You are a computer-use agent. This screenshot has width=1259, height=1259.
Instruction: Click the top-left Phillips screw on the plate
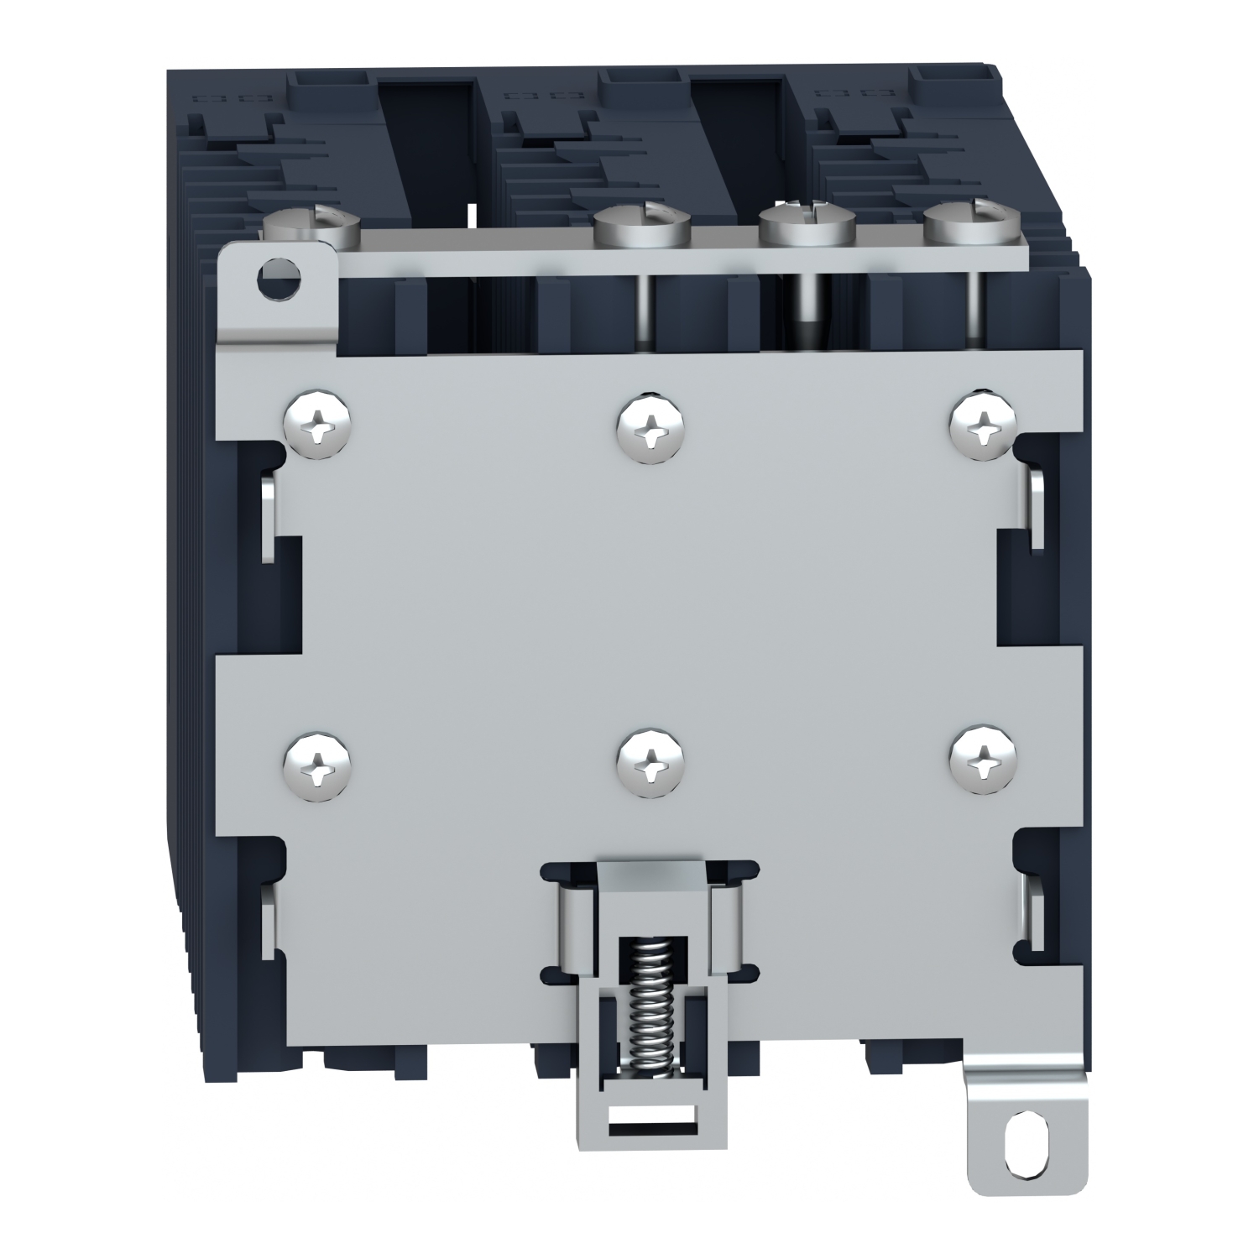click(317, 426)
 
